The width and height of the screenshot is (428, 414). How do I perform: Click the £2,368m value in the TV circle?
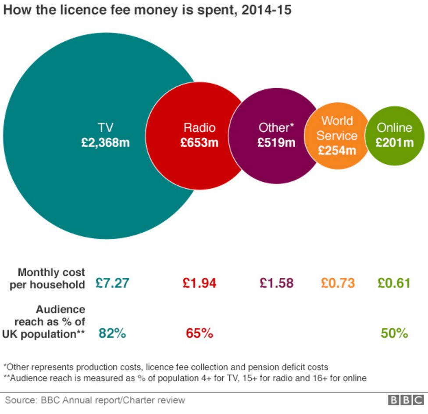pyautogui.click(x=105, y=143)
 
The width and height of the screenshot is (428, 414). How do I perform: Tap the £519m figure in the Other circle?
pyautogui.click(x=276, y=143)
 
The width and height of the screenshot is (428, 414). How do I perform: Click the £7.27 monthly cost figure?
pyautogui.click(x=112, y=283)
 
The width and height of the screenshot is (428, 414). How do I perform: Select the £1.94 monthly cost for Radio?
pyautogui.click(x=200, y=283)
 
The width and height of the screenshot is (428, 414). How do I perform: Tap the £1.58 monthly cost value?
pyautogui.click(x=276, y=283)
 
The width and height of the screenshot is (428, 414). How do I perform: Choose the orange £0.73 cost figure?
pyautogui.click(x=338, y=283)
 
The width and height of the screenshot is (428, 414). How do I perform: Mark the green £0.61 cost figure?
pyautogui.click(x=394, y=283)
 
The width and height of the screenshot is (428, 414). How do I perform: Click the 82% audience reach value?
pyautogui.click(x=112, y=334)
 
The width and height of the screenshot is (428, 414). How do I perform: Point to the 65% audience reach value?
pyautogui.click(x=200, y=334)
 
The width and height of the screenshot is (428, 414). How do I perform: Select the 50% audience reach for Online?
pyautogui.click(x=394, y=334)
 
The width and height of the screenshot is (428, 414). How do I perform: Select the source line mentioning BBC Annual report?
pyautogui.click(x=95, y=400)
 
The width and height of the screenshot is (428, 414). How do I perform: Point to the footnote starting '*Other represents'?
pyautogui.click(x=166, y=367)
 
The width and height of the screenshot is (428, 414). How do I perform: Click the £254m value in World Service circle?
pyautogui.click(x=337, y=151)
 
